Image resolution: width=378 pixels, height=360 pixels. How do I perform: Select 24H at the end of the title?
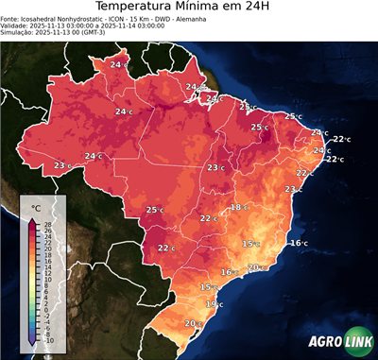(269, 9)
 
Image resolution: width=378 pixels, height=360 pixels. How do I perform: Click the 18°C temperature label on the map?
(238, 207)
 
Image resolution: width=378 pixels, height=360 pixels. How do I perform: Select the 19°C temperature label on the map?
(215, 304)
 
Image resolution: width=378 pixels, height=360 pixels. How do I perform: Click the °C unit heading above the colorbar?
(36, 207)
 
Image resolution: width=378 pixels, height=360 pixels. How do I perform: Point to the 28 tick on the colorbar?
(47, 224)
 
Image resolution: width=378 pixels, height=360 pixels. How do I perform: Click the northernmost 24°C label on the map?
(119, 64)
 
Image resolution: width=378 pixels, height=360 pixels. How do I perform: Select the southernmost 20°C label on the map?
(192, 324)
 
